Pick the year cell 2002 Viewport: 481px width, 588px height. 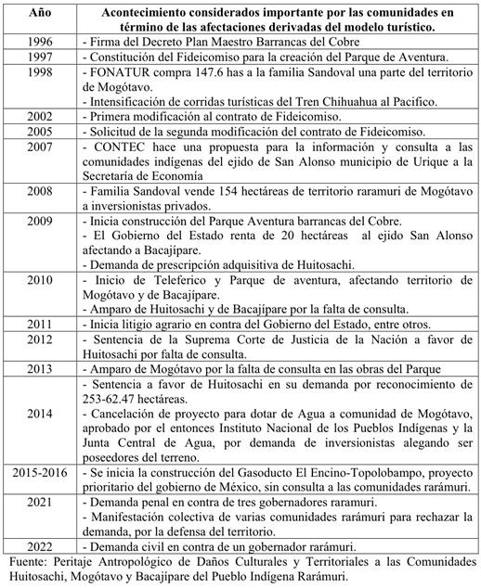tap(40, 119)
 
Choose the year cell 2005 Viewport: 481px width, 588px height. tap(40, 134)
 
